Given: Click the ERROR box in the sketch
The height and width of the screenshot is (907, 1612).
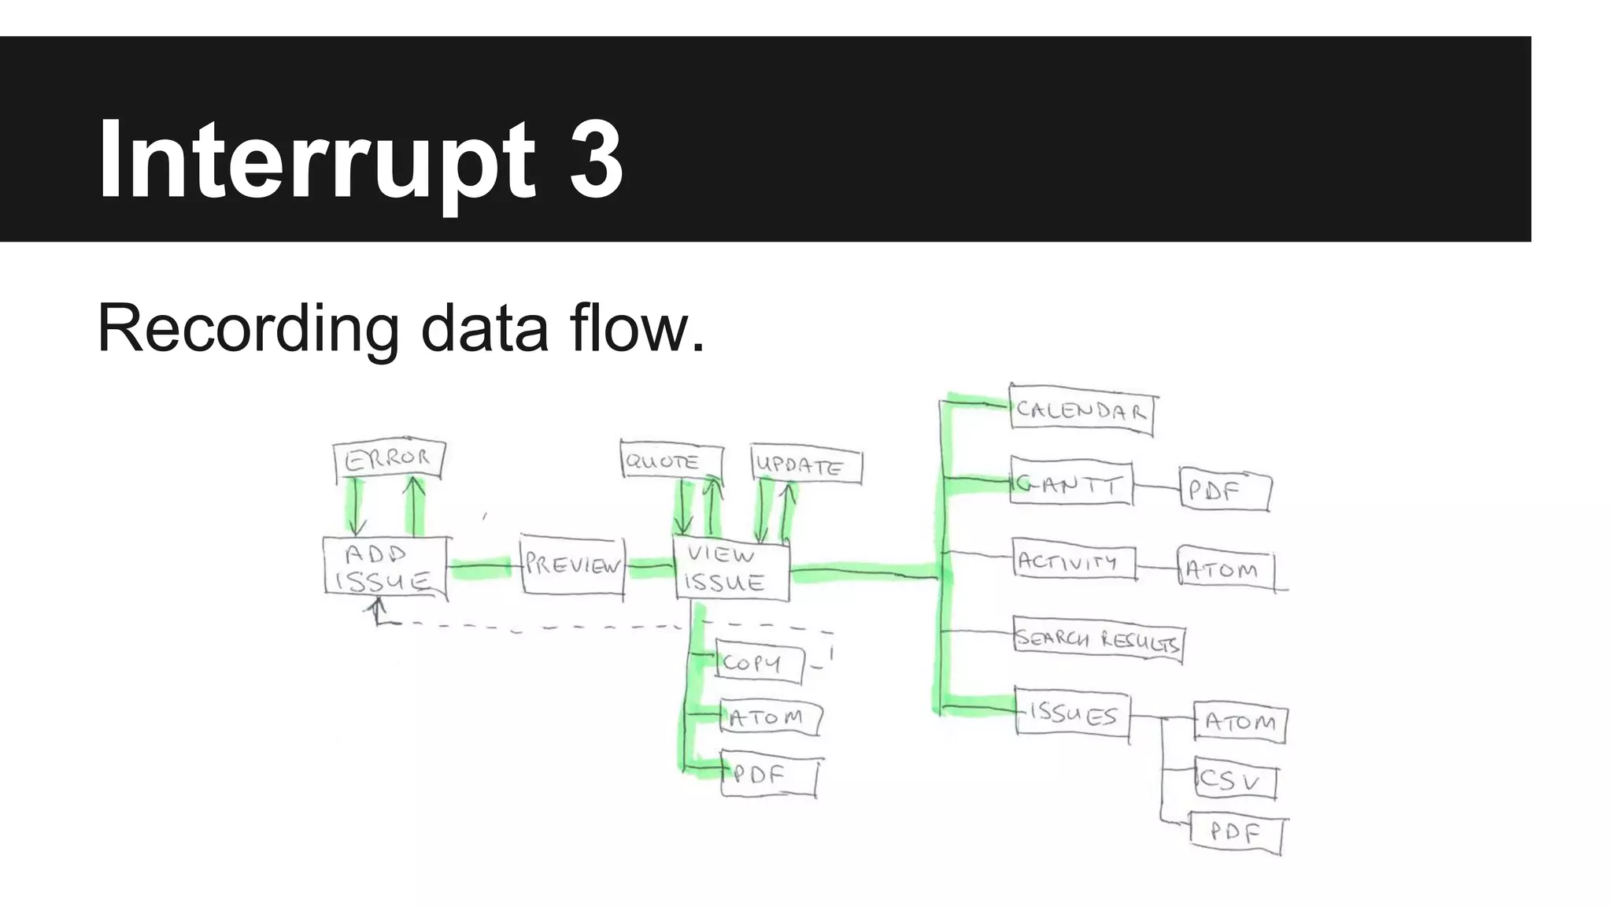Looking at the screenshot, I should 389,459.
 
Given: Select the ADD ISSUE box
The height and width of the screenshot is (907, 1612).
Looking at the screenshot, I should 385,568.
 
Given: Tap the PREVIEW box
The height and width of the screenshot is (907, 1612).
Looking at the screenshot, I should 572,565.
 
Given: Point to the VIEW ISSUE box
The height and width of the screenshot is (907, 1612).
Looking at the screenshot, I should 732,569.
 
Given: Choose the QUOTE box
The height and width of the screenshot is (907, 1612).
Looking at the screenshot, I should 671,461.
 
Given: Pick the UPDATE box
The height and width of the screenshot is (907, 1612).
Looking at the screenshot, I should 806,465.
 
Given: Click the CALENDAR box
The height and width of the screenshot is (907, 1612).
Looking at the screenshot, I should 1081,410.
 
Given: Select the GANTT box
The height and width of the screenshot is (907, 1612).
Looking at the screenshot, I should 1071,483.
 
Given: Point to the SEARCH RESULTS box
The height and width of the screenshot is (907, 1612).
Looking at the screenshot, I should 1098,639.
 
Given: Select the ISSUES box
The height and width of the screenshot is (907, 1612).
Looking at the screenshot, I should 1072,713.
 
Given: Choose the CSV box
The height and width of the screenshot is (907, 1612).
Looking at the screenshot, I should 1234,779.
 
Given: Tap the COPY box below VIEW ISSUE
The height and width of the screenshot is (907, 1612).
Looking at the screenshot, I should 759,664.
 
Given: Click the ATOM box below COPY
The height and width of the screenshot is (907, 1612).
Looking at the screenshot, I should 770,717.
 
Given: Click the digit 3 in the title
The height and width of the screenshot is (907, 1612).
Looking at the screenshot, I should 596,160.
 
